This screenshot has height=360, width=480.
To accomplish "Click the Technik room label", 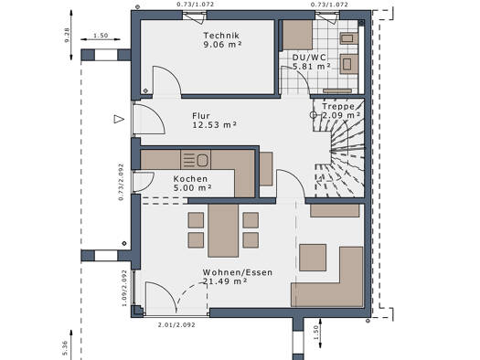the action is [221, 36].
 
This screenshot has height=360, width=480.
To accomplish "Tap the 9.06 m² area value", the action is [222, 45].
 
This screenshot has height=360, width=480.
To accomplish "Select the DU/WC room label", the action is [309, 58].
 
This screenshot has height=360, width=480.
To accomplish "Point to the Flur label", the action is [201, 116].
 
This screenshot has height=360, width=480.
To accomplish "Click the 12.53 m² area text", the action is [214, 125].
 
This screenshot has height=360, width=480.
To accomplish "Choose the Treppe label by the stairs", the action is [338, 106].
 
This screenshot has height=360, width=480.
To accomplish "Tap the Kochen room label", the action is [190, 179].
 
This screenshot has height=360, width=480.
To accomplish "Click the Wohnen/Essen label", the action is [238, 272].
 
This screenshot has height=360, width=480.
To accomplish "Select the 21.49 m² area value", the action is [225, 281].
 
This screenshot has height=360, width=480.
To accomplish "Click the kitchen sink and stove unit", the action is [196, 160].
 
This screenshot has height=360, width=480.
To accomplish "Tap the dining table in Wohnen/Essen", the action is [223, 230].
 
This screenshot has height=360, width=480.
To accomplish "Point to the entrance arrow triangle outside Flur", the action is [119, 119].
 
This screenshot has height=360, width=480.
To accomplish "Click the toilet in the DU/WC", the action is [349, 64].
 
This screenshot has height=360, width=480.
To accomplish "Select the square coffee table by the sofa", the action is [313, 258].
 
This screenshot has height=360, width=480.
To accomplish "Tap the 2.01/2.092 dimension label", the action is [176, 325].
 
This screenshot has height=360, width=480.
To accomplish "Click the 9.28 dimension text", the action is [67, 35].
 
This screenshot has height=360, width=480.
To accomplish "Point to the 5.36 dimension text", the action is [65, 348].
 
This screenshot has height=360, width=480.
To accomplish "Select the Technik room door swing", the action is [166, 80].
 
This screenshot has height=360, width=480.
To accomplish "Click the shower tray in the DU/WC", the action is [297, 35].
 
